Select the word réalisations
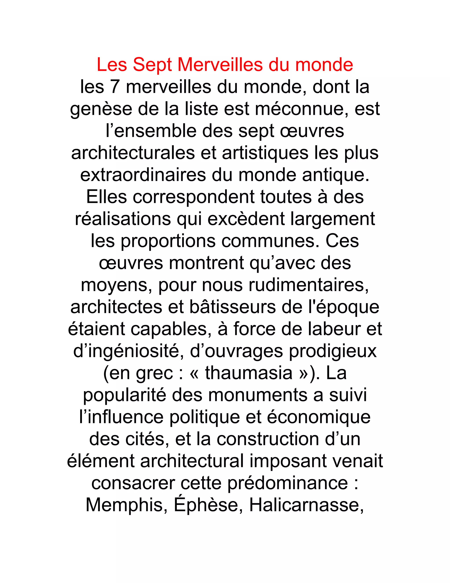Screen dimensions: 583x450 123,219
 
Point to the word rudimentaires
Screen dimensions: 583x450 308,285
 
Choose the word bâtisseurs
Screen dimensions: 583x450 232,307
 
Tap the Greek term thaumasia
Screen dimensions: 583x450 249,373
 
